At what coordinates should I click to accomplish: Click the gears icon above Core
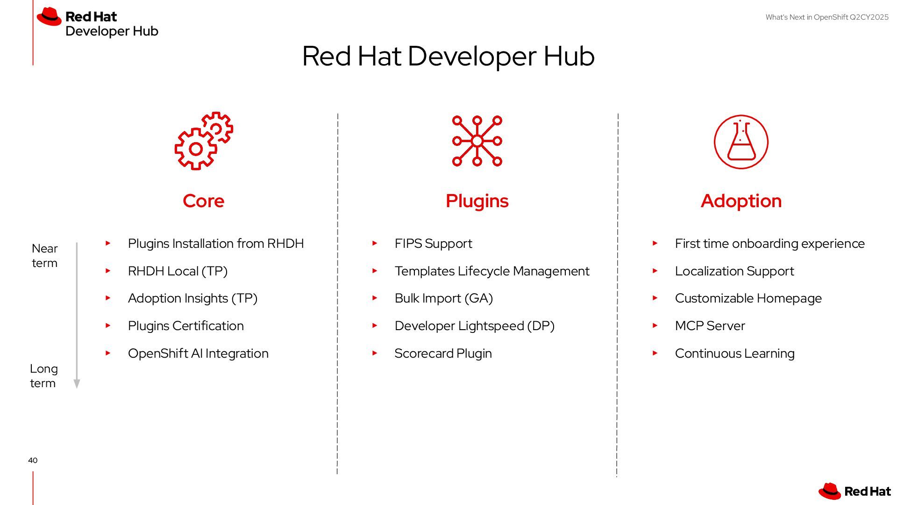204,141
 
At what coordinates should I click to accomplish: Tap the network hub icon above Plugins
477,141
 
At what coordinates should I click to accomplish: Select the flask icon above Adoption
741,142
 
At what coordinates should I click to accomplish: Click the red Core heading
203,201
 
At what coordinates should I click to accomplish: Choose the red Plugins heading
477,201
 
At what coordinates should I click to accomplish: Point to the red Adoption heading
741,201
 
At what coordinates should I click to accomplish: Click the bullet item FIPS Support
433,244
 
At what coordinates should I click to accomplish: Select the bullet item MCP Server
710,326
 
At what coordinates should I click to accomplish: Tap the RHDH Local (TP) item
178,271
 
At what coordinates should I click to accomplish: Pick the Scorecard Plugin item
443,353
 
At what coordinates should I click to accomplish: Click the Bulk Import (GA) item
443,298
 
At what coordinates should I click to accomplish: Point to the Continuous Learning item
734,353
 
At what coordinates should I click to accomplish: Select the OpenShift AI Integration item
198,353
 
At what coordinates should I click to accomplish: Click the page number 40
33,461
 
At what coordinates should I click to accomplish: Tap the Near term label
45,256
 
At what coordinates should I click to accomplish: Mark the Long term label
43,376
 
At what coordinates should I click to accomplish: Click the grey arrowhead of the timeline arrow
77,384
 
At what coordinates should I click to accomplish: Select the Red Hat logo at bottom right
854,491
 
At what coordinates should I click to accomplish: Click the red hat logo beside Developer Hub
50,17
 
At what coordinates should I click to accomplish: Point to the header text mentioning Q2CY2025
827,17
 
